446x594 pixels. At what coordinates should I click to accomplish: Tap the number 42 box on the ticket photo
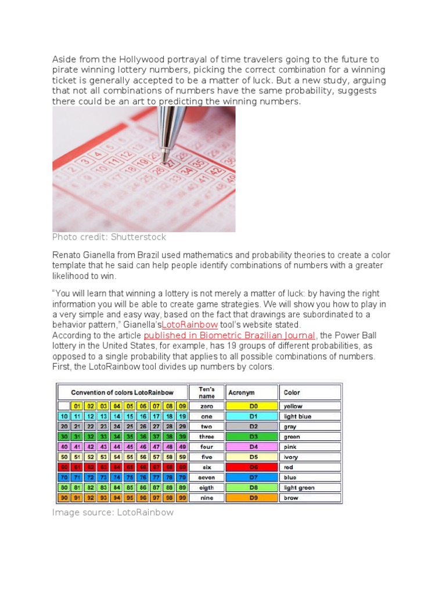[216, 171]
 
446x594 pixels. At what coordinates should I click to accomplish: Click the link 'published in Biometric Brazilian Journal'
[229, 335]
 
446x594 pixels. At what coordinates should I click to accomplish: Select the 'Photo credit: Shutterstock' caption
[109, 237]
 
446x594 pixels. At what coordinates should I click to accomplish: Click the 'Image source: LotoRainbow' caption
[113, 512]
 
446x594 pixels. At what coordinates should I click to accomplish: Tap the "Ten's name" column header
[207, 392]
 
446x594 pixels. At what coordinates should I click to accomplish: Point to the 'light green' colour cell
[298, 488]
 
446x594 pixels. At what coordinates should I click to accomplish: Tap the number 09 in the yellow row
[181, 406]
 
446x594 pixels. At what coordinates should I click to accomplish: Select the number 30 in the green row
[63, 437]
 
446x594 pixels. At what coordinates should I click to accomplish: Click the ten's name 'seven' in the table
[207, 477]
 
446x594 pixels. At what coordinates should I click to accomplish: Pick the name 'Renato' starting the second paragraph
[67, 256]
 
